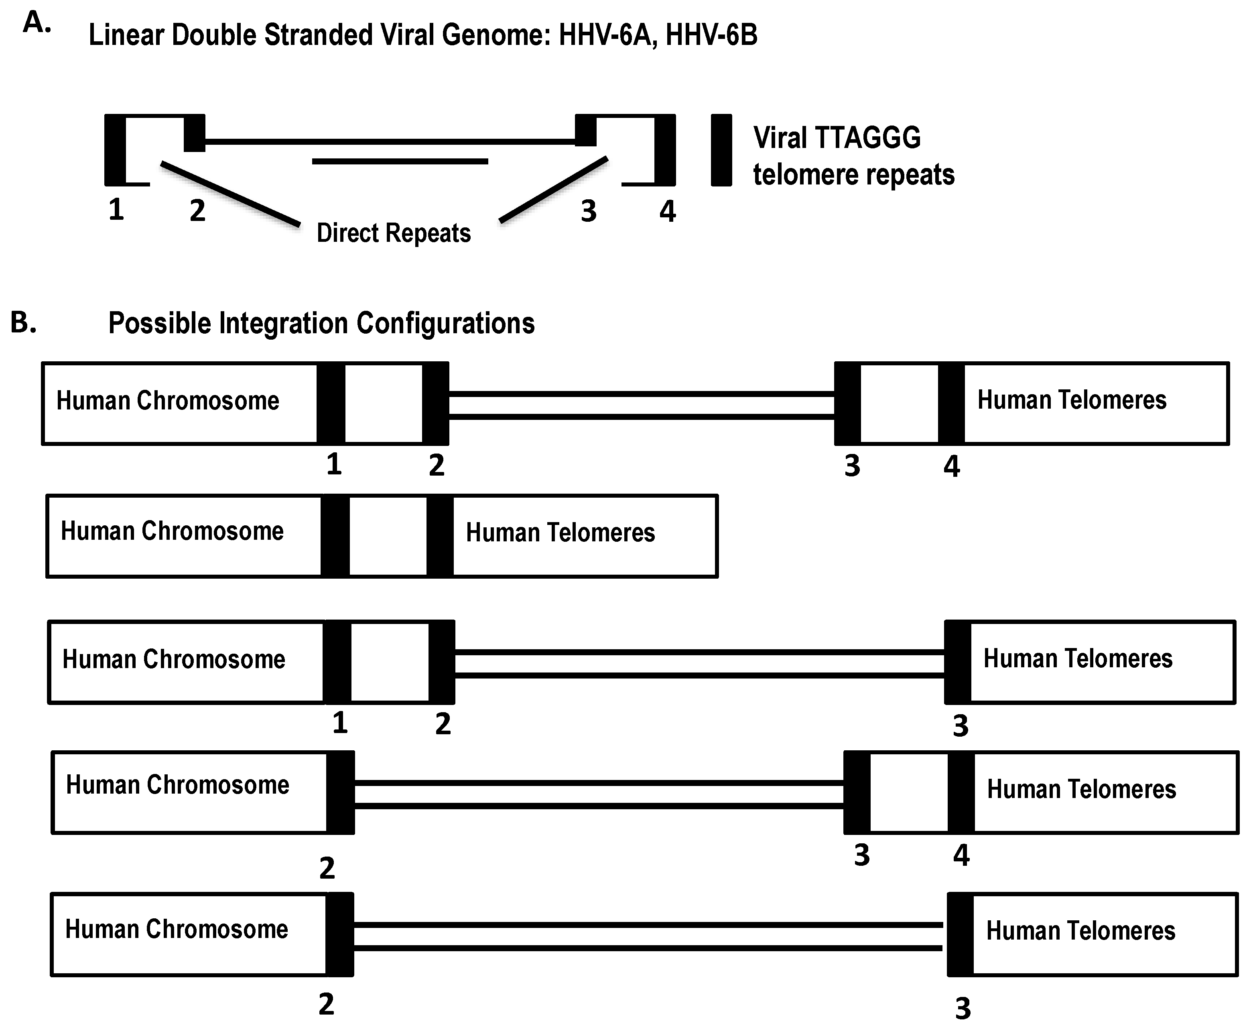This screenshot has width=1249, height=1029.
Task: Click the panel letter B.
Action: coord(24,323)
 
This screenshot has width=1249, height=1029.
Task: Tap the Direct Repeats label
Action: coord(393,233)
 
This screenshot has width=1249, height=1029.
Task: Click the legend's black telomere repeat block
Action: coord(721,150)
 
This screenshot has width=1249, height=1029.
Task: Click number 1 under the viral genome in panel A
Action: coord(116,210)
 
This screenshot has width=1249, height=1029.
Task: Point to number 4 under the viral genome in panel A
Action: coord(668,212)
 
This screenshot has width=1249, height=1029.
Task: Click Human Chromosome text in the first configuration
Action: coord(168,401)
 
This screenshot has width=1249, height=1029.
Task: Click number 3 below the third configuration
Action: coord(960,725)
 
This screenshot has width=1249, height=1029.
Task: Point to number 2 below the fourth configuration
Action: coord(327,868)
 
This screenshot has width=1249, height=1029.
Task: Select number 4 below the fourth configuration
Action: coord(961,855)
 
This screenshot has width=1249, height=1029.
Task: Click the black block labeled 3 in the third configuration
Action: coord(958,662)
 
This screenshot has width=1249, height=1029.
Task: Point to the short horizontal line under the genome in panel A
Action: coord(400,161)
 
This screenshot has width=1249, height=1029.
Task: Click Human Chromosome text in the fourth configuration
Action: coord(177,785)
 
